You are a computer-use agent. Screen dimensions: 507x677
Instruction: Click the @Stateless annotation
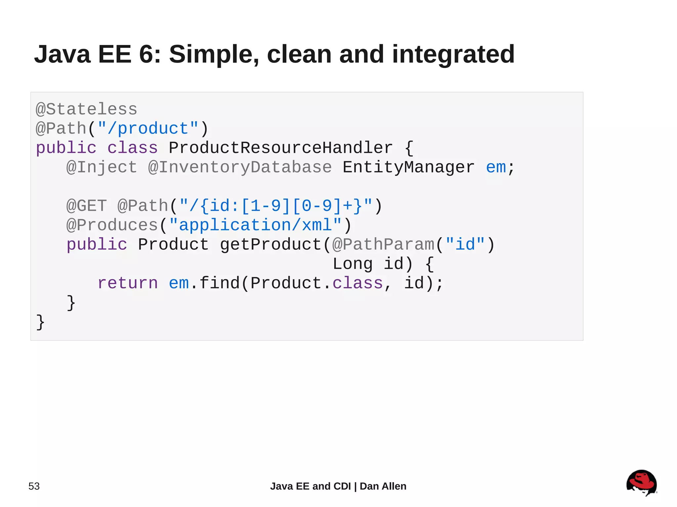coord(86,109)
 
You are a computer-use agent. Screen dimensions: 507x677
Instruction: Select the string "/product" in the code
coord(148,128)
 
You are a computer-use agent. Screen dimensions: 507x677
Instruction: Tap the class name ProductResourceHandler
coord(281,148)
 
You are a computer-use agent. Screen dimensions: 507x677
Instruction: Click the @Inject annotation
coord(101,167)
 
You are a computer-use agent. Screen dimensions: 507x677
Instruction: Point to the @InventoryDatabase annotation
coord(240,167)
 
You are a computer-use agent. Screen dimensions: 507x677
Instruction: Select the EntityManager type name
coord(408,167)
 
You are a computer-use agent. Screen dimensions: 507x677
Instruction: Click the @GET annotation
coord(86,206)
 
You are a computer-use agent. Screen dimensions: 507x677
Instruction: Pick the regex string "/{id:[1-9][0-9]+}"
coord(276,206)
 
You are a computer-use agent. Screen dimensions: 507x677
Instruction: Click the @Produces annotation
coord(112,225)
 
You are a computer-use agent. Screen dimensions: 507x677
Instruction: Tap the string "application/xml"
coord(255,225)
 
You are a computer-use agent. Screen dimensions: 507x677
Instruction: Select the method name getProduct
coord(271,244)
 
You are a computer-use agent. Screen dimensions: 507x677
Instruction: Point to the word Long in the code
coord(352,264)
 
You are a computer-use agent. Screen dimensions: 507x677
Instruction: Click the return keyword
coord(128,283)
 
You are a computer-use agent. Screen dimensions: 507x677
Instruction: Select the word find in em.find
coord(219,283)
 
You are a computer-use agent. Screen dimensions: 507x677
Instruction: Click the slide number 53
coord(34,486)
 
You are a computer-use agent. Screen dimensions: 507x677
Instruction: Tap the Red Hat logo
coord(641,483)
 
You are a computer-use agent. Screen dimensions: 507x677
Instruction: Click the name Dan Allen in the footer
coord(383,486)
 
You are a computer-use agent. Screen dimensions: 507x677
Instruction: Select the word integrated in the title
coord(453,54)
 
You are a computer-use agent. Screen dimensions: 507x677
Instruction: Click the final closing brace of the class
coord(40,322)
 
